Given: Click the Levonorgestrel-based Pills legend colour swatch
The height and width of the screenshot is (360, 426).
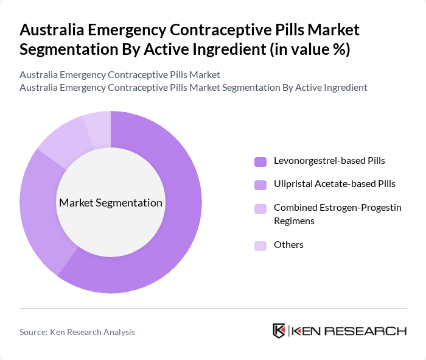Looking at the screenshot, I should coord(260,161).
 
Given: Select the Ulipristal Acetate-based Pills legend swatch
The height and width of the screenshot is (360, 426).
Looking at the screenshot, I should coord(260,184).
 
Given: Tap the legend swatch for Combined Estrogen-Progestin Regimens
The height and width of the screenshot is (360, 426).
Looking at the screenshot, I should coord(260,208).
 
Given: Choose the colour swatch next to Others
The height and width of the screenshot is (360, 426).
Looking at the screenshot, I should coord(260,245).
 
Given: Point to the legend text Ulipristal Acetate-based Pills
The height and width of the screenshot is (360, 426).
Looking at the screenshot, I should coord(334,183).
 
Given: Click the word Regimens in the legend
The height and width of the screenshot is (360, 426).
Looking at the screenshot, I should coord(294,221).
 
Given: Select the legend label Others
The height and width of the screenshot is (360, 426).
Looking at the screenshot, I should coord(288,245).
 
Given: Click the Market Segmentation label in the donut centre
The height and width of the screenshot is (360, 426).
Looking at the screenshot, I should coord(111,203).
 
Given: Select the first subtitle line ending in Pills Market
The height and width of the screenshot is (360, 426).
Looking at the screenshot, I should coord(120,74).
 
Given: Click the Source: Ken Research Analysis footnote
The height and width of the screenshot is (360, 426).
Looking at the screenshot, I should coord(77,332).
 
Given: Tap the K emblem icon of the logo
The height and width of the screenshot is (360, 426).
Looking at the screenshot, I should coord(279,331).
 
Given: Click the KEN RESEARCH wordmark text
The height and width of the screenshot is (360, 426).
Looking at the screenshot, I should coord(349,331).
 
